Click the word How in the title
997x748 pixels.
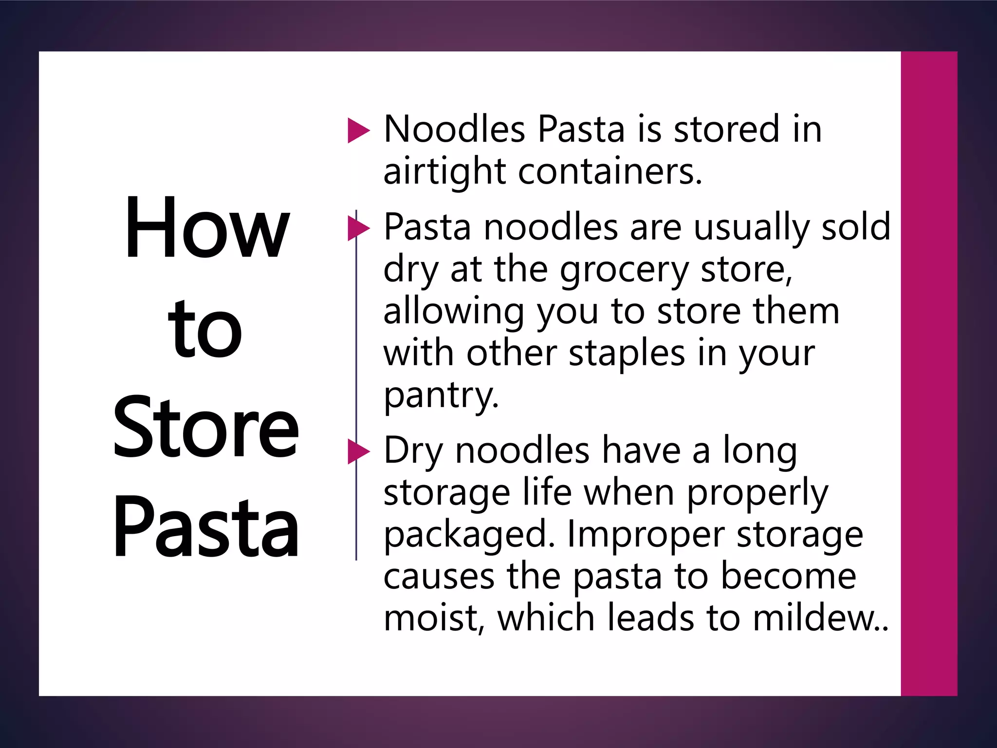tap(207, 227)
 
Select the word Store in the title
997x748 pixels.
tap(206, 428)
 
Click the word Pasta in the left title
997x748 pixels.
tap(206, 528)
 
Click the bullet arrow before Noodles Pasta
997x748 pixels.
tap(359, 131)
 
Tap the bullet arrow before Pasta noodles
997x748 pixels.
tap(359, 228)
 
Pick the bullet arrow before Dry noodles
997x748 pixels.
tap(359, 451)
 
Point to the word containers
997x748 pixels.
tap(610, 171)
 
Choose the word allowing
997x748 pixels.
tap(453, 312)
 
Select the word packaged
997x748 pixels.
tap(469, 534)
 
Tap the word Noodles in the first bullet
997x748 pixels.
tap(454, 130)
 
